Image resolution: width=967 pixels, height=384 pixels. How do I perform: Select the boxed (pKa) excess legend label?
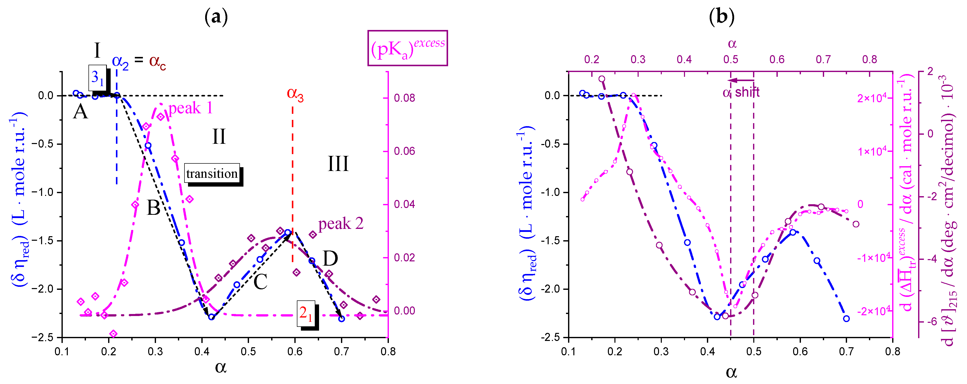(407, 48)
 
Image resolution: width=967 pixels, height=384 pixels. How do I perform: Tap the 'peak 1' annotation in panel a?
(190, 108)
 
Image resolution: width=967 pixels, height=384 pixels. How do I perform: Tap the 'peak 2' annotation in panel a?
(340, 224)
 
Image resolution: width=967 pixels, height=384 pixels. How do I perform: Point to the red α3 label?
(295, 93)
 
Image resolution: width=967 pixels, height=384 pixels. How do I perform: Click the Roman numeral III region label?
(338, 164)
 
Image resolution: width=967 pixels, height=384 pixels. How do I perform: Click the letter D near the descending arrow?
(330, 258)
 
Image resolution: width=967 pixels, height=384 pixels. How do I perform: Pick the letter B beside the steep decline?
(153, 207)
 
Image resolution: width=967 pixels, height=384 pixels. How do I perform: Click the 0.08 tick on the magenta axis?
(404, 98)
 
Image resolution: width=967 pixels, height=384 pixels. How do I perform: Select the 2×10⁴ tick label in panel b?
(872, 98)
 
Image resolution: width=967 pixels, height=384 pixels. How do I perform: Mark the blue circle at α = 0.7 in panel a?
(341, 319)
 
